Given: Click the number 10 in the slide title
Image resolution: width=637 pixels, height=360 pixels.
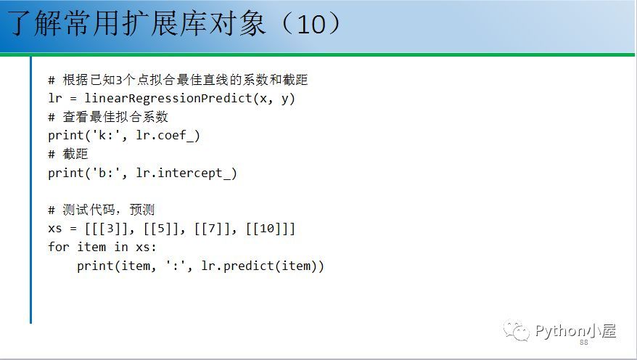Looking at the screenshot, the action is point(311,24).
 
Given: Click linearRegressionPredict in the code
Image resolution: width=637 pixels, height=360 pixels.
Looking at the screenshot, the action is point(168,98).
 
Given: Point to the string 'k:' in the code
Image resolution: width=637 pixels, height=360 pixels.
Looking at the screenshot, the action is point(107,135).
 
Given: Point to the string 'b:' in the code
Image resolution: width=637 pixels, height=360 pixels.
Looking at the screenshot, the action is point(107,173).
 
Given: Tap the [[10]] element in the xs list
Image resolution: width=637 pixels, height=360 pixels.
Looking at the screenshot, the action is point(267,229).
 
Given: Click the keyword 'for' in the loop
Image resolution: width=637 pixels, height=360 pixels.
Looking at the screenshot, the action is point(59,247).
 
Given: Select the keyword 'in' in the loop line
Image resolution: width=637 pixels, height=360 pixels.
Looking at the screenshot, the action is point(121,247).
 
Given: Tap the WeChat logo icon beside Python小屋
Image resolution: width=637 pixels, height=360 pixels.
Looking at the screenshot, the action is point(517,331).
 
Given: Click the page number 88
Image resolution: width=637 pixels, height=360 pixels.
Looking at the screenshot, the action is point(584,343).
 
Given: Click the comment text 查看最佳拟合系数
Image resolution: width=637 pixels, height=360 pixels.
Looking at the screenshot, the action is point(115,117).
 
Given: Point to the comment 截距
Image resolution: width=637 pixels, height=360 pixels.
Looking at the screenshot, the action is point(75,154).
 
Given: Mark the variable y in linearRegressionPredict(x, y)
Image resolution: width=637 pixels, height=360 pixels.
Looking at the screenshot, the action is point(285,99).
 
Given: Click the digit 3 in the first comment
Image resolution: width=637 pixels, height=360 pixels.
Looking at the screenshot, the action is point(119,81).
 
